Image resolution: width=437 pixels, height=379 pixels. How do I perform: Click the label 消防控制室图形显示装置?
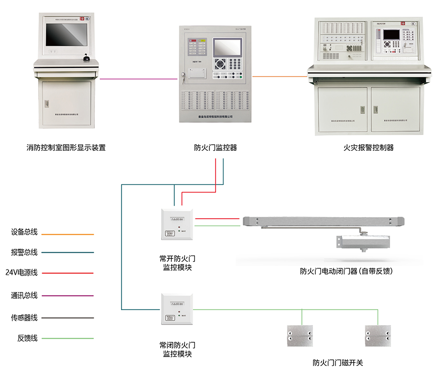coord(66,148)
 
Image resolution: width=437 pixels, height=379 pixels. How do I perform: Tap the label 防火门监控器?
coord(215,148)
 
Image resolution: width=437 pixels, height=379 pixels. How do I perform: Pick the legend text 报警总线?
coord(24,252)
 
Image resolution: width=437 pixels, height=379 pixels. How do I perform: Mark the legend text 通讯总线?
coord(24,295)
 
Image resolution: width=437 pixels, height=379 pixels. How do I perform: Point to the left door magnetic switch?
coord(300,335)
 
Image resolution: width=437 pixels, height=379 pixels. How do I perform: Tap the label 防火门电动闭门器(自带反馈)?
coord(346,271)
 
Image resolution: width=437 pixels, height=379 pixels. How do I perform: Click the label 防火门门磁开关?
coord(338,362)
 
